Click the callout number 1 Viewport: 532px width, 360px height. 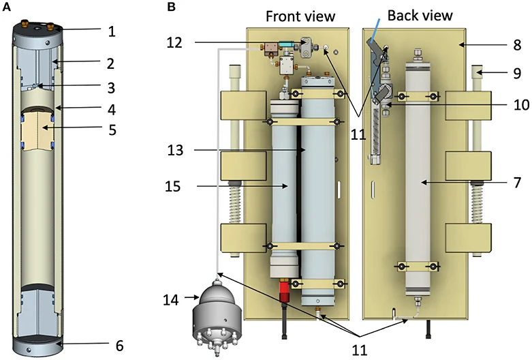click(112, 31)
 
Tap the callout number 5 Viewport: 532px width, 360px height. click(112, 130)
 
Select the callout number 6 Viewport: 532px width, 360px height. click(119, 346)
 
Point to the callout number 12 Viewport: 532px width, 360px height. click(174, 42)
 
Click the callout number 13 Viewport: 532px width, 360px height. click(176, 150)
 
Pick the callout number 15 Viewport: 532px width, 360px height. click(173, 186)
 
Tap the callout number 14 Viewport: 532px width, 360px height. click(170, 300)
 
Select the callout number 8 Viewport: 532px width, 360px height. click(517, 45)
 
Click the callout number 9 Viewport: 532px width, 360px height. click(517, 73)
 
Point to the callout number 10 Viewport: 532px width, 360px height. click(522, 105)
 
